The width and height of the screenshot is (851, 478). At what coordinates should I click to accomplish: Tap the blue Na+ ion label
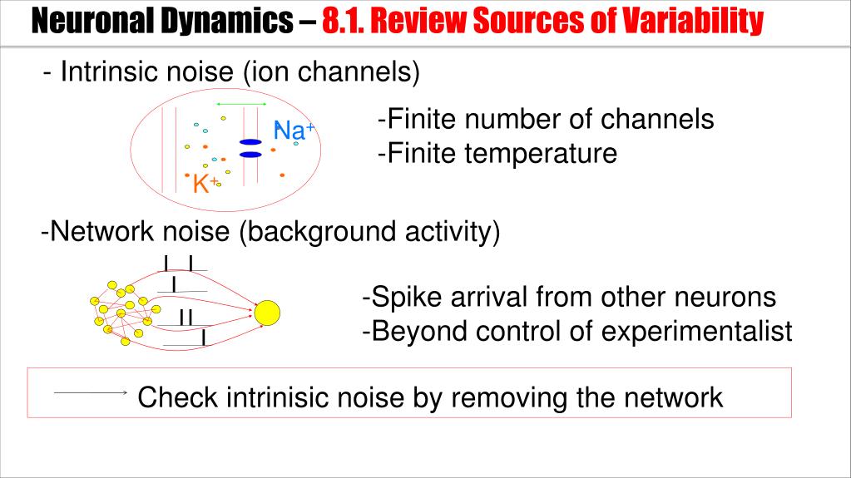294,131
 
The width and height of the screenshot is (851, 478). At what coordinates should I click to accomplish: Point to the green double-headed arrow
240,104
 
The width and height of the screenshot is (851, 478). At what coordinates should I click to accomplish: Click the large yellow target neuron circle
267,313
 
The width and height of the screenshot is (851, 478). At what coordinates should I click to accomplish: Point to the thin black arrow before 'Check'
89,392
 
